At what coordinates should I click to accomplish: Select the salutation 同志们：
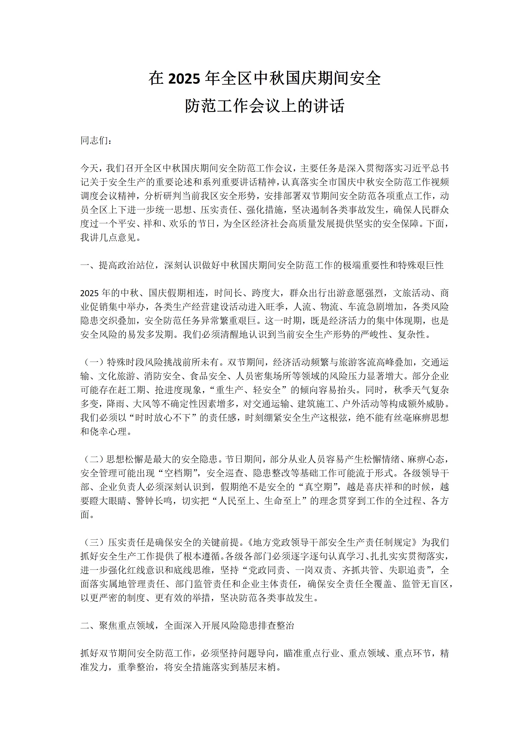pyautogui.click(x=96, y=141)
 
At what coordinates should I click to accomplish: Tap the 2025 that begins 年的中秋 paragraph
pyautogui.click(x=89, y=293)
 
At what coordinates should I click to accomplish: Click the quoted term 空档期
pyautogui.click(x=178, y=473)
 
